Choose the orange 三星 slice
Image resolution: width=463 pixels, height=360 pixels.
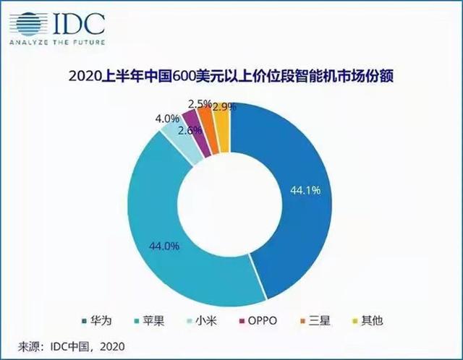pos(205,121)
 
